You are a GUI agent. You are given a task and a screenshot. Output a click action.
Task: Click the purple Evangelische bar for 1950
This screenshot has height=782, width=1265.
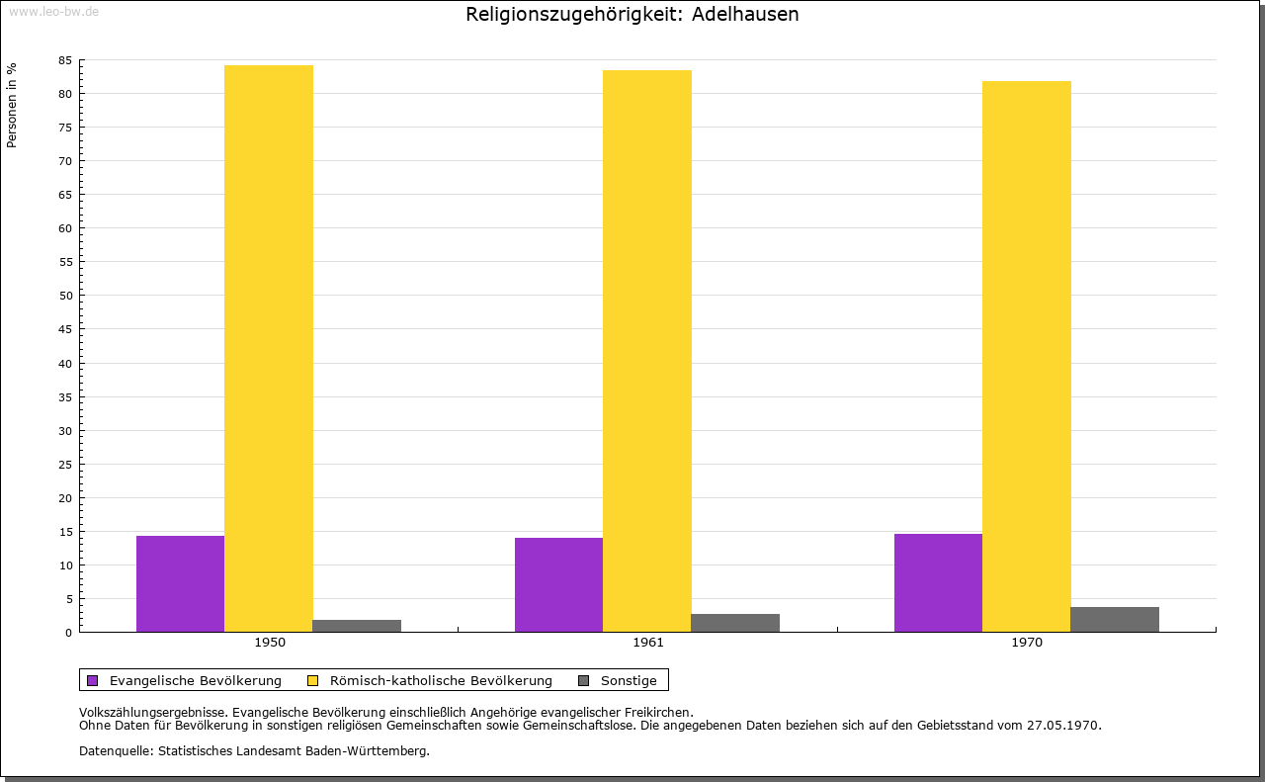click(180, 583)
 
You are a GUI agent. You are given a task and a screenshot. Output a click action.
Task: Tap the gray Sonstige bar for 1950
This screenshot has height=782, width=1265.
click(357, 626)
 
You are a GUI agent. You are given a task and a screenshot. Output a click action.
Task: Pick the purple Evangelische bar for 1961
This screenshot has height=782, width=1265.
click(558, 584)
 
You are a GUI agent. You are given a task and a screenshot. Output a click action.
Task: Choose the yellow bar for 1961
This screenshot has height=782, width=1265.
click(647, 351)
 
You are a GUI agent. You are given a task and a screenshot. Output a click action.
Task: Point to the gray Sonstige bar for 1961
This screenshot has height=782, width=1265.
click(735, 623)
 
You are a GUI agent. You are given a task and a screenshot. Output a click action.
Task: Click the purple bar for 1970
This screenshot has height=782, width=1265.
click(938, 582)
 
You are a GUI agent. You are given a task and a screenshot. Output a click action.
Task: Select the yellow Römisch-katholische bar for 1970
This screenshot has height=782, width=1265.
click(1026, 356)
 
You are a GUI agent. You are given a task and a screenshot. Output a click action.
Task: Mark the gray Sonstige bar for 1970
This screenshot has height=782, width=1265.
click(1115, 619)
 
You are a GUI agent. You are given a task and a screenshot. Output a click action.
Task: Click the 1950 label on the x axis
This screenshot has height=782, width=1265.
click(270, 643)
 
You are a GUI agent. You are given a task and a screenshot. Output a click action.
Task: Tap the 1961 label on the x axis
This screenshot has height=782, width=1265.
click(648, 643)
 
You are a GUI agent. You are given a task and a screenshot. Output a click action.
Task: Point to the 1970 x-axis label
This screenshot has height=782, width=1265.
click(1027, 643)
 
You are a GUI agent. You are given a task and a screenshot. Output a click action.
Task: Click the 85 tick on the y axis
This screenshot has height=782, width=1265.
click(65, 60)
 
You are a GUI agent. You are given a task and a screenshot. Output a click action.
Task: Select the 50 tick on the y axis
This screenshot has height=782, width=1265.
click(65, 296)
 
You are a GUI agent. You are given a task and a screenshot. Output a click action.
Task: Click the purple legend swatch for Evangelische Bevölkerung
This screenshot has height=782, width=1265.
click(93, 680)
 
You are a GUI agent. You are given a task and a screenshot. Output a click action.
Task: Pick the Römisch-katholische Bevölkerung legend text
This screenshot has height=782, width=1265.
click(441, 680)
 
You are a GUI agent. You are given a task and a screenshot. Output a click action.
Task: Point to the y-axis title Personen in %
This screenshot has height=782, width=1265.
click(12, 105)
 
